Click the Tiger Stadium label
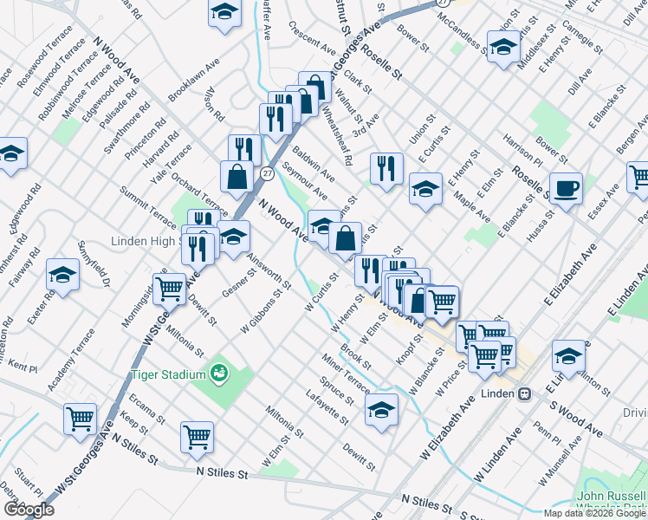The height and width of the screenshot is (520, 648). (169, 374)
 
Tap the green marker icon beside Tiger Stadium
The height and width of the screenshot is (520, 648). (220, 373)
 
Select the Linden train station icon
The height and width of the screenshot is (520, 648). (524, 394)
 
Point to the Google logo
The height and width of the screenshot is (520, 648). (29, 510)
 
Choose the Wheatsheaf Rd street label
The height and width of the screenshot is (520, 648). (336, 135)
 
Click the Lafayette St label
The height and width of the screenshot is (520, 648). (328, 407)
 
